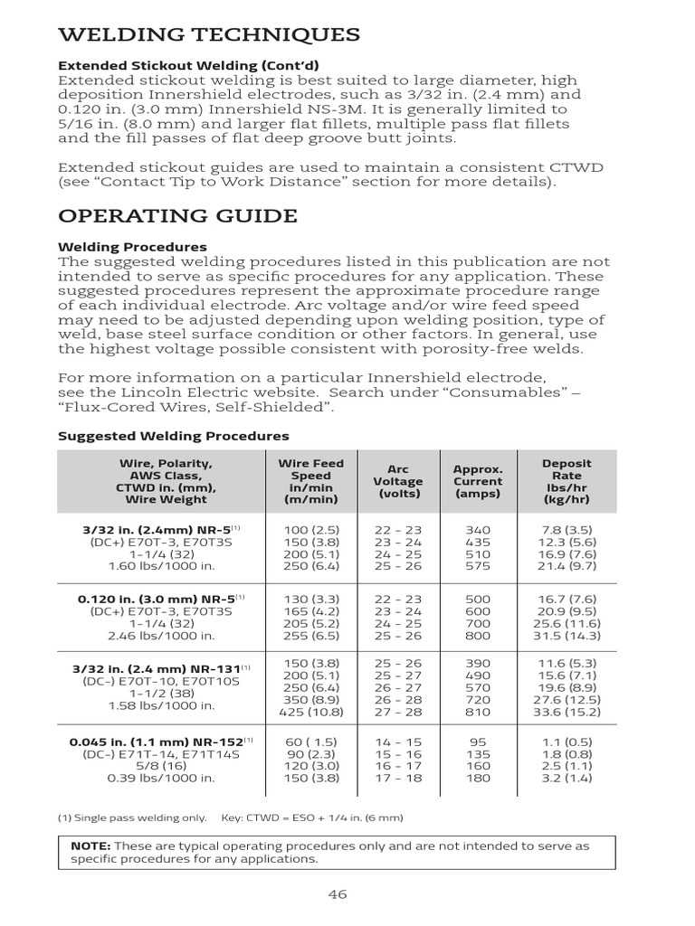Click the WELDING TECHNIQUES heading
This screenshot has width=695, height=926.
(209, 34)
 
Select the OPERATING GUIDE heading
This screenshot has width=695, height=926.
(177, 216)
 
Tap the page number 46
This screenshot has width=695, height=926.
(338, 894)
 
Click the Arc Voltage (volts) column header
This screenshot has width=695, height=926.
(398, 482)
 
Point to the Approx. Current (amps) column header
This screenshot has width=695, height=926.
(478, 482)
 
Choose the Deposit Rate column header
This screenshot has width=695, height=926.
(566, 482)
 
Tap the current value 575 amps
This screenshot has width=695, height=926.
(477, 566)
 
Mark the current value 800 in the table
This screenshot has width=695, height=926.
(477, 636)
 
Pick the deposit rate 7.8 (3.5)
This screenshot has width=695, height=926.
(566, 528)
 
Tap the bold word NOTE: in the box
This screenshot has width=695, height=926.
(90, 846)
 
